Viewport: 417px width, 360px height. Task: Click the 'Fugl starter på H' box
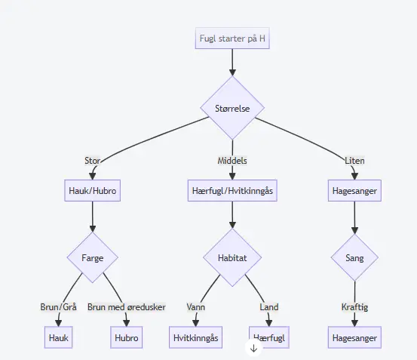tap(232, 38)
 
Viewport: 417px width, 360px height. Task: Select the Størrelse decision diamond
tap(232, 108)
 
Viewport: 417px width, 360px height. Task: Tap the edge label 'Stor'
tap(92, 161)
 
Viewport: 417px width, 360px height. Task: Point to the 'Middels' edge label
tap(232, 161)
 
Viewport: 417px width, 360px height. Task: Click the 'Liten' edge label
tap(354, 161)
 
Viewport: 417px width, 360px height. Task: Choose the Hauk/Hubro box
tap(92, 190)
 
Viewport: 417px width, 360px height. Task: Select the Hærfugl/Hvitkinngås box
tap(232, 190)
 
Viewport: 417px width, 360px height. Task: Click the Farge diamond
tap(92, 257)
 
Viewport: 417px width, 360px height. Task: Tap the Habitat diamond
tap(232, 257)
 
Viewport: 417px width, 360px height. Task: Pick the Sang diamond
tap(354, 257)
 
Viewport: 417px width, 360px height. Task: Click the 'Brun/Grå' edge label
tap(59, 307)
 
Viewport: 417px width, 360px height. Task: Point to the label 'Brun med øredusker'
tap(127, 307)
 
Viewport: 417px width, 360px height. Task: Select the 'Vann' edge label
tap(196, 307)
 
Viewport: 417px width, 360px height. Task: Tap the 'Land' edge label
tap(269, 307)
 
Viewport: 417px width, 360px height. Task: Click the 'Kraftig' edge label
tap(354, 307)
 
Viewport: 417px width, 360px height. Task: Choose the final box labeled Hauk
tap(59, 337)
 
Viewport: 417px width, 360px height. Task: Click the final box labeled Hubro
tap(127, 337)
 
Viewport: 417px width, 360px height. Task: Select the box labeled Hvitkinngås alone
tap(196, 337)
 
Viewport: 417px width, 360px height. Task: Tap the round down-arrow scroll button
tap(253, 348)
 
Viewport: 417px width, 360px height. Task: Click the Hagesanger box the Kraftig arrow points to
tap(354, 337)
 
